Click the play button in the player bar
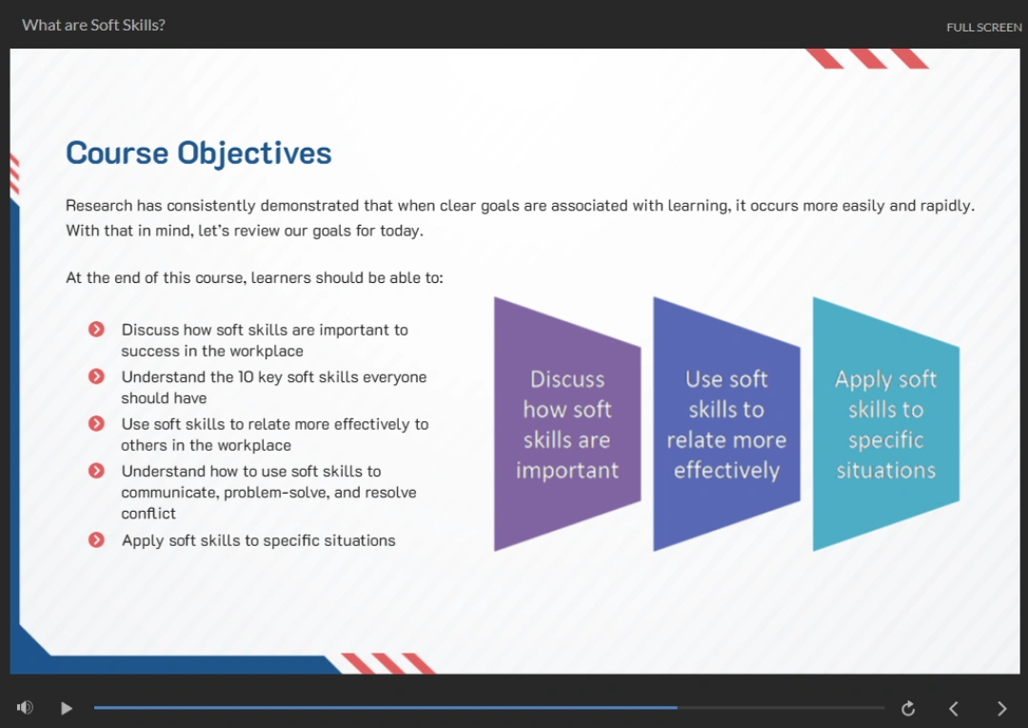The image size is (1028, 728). click(x=67, y=708)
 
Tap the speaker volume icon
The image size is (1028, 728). click(x=25, y=708)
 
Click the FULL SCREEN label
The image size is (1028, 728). click(x=984, y=28)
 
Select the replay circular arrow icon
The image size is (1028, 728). click(x=908, y=708)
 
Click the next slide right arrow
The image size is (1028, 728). click(x=1001, y=708)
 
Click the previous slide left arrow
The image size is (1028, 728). click(x=954, y=708)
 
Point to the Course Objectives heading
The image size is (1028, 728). click(x=199, y=153)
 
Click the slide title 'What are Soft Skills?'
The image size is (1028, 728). click(x=93, y=25)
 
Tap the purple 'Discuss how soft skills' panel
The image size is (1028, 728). click(x=567, y=424)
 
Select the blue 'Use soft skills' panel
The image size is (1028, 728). click(x=726, y=424)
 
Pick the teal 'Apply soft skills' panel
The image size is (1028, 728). click(x=886, y=424)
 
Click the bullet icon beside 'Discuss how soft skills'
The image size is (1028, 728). click(x=96, y=329)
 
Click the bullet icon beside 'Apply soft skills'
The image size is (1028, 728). click(x=96, y=539)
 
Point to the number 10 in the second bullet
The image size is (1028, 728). click(x=246, y=376)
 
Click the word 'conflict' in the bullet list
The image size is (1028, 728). click(x=148, y=514)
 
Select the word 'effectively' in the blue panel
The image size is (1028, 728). click(x=726, y=471)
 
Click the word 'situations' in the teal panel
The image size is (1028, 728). click(x=886, y=470)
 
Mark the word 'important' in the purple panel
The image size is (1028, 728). click(x=567, y=471)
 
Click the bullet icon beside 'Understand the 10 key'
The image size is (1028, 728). click(x=96, y=376)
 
